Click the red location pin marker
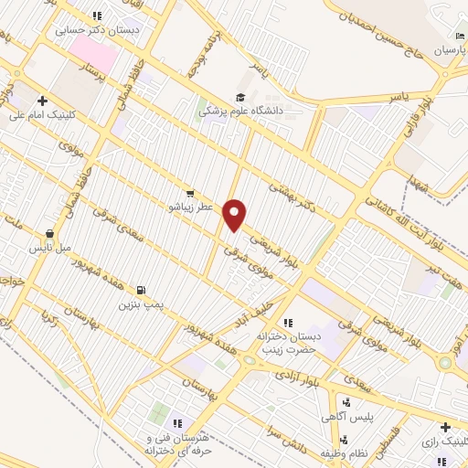pyautogui.click(x=236, y=214)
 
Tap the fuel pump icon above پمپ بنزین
pyautogui.click(x=140, y=289)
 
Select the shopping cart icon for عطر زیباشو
pyautogui.click(x=189, y=193)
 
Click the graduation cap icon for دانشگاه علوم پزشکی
pyautogui.click(x=240, y=98)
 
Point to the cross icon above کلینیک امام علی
pyautogui.click(x=41, y=101)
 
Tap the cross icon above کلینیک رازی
pyautogui.click(x=444, y=427)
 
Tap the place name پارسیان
pyautogui.click(x=449, y=48)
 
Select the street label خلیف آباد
pyautogui.click(x=271, y=308)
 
